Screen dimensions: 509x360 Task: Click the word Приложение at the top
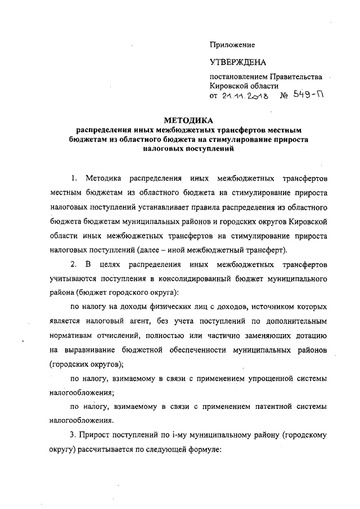232,44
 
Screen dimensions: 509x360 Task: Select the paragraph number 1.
74,178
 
